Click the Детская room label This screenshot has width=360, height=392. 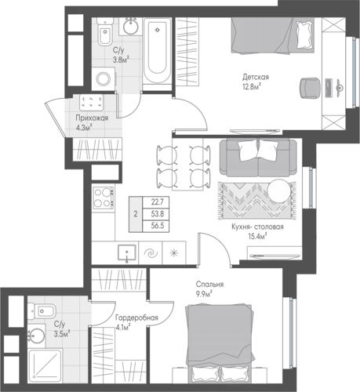(x=256, y=78)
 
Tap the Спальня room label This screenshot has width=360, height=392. (x=209, y=284)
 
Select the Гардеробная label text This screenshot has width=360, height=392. (x=137, y=318)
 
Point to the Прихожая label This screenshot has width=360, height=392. (x=92, y=118)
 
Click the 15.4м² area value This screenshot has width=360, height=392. (x=257, y=237)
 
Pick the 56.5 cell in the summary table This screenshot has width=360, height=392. (x=158, y=226)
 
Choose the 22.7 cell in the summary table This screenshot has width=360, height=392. (x=158, y=201)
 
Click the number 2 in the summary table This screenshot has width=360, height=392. (x=136, y=214)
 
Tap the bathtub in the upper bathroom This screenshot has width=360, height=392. (x=157, y=51)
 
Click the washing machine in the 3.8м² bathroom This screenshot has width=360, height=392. (x=104, y=78)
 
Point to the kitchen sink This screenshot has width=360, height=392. (x=127, y=252)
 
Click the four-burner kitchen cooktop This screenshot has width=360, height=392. (x=103, y=198)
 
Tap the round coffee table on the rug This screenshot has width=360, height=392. (x=279, y=191)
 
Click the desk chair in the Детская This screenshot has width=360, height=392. (x=311, y=88)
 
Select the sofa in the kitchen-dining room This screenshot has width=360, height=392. (x=258, y=158)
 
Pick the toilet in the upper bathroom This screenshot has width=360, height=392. (x=105, y=34)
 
